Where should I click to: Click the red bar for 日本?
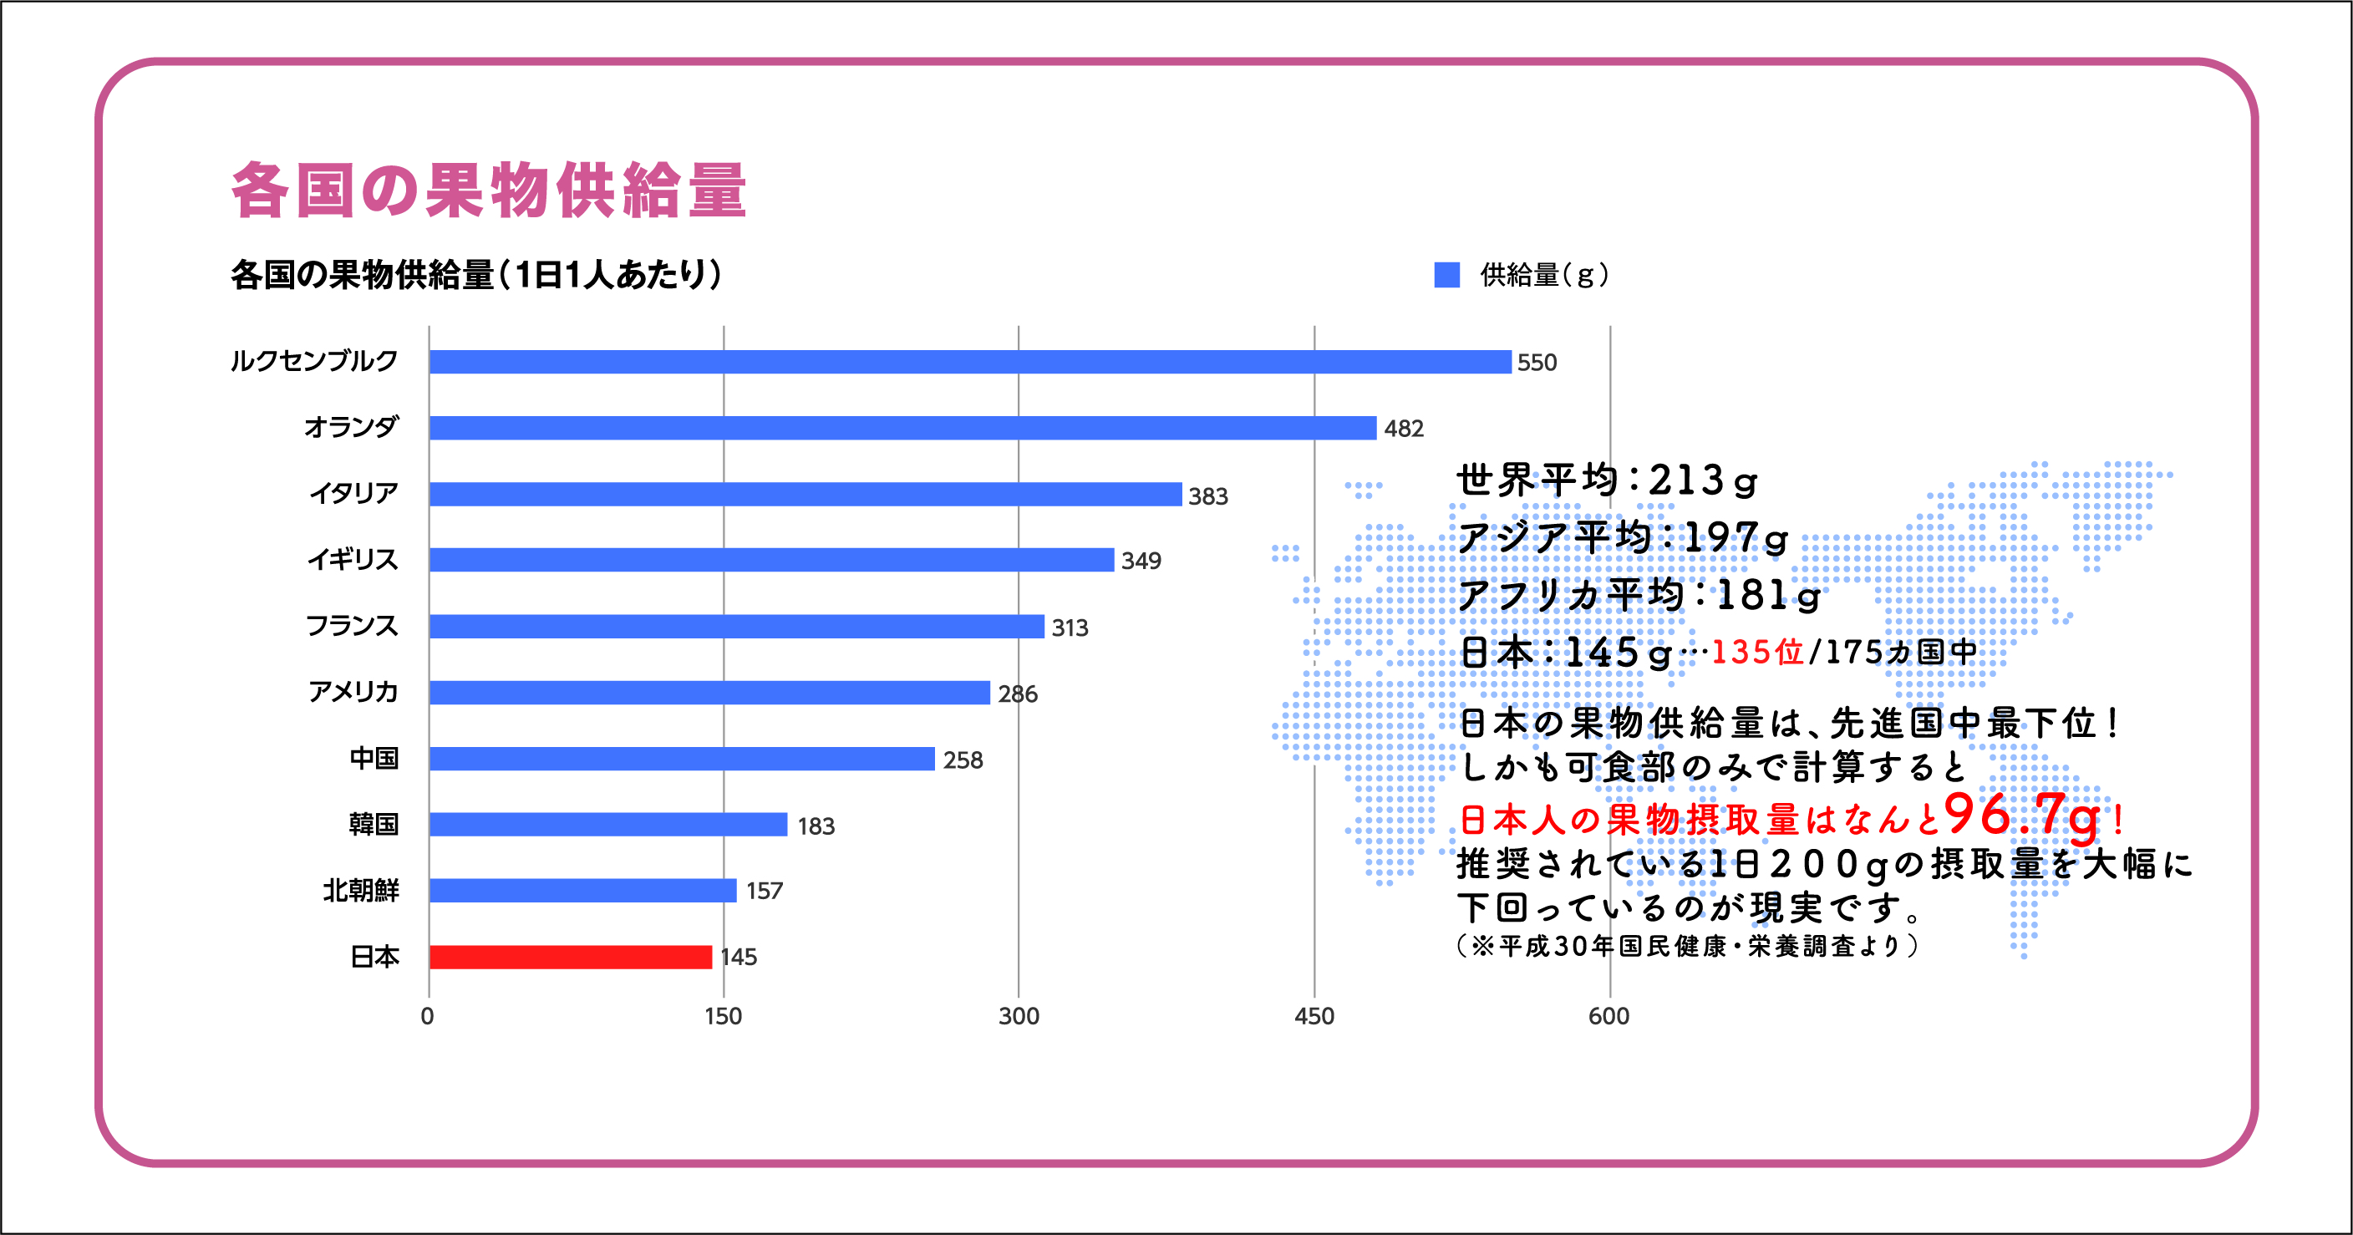click(x=570, y=957)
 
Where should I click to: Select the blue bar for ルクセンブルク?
click(x=970, y=362)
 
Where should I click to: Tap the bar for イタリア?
click(x=806, y=494)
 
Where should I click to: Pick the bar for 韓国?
click(x=608, y=825)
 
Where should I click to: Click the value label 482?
click(x=1403, y=429)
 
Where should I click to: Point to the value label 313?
click(x=1070, y=628)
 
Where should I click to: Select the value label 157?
click(x=765, y=891)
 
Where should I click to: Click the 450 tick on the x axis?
click(x=1314, y=1016)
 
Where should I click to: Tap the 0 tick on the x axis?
click(x=428, y=1016)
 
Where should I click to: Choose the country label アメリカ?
click(x=353, y=692)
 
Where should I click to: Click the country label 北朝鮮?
click(x=361, y=890)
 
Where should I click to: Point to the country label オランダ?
click(x=352, y=427)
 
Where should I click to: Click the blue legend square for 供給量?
click(x=1447, y=274)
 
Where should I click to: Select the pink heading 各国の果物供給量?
click(x=490, y=190)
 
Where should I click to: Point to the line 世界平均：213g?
click(x=1608, y=480)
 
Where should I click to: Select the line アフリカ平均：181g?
click(x=1639, y=596)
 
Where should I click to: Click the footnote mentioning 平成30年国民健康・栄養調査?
click(x=1688, y=945)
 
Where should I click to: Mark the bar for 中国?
click(x=682, y=759)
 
